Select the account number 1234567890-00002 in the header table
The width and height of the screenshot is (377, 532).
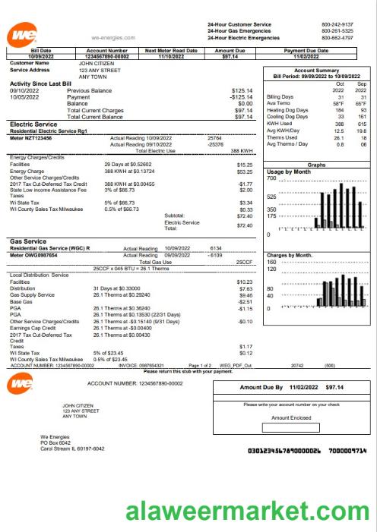point(102,56)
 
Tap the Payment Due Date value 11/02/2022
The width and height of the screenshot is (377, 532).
point(306,56)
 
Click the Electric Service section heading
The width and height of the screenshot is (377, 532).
point(33,123)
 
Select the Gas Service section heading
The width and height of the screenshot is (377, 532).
point(28,241)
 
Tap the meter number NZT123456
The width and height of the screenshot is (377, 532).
point(40,138)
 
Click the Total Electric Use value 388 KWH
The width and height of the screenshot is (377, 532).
point(242,151)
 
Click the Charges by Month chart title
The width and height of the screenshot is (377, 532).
point(290,255)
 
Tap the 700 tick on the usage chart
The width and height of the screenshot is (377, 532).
point(271,179)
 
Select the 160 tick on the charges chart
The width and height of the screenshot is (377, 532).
point(270,262)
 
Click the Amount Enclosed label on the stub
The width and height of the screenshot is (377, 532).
point(290,417)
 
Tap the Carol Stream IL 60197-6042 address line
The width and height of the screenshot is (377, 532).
point(72,449)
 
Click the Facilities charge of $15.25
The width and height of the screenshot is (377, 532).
point(244,164)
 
